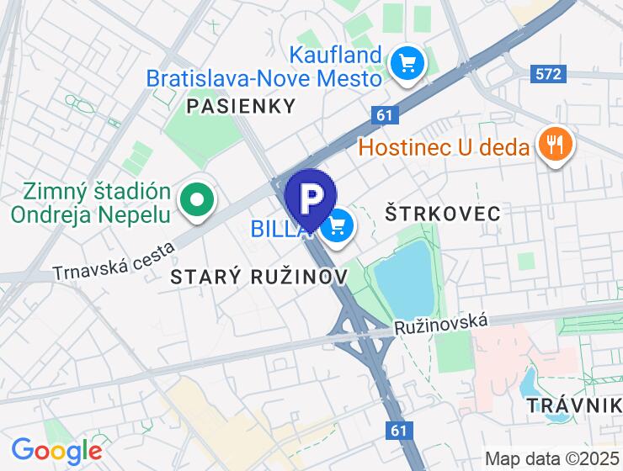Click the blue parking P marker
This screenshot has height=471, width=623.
coord(311,198)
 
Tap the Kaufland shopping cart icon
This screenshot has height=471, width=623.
coord(407,61)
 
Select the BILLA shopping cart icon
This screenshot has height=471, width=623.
coord(338,225)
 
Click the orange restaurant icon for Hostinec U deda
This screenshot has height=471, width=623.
coord(554,145)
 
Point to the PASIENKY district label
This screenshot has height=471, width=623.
coord(242,106)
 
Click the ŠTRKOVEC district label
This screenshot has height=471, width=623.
coord(442,213)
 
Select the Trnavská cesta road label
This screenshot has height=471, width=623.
coord(113,261)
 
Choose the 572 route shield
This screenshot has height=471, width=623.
coord(547,74)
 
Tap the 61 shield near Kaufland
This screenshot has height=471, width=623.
coord(385,114)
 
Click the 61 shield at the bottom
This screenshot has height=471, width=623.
coord(401,431)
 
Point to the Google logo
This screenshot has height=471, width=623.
coord(56,450)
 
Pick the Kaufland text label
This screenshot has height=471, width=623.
coord(337,56)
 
